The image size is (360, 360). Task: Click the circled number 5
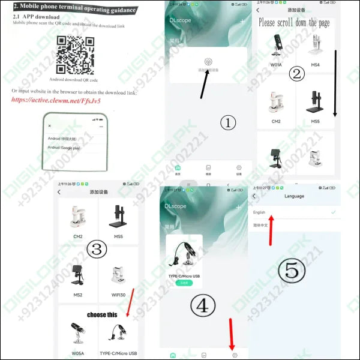coord(292,271)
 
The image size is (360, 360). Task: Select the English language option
coord(259,212)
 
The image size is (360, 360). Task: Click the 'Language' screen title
coord(294,196)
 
